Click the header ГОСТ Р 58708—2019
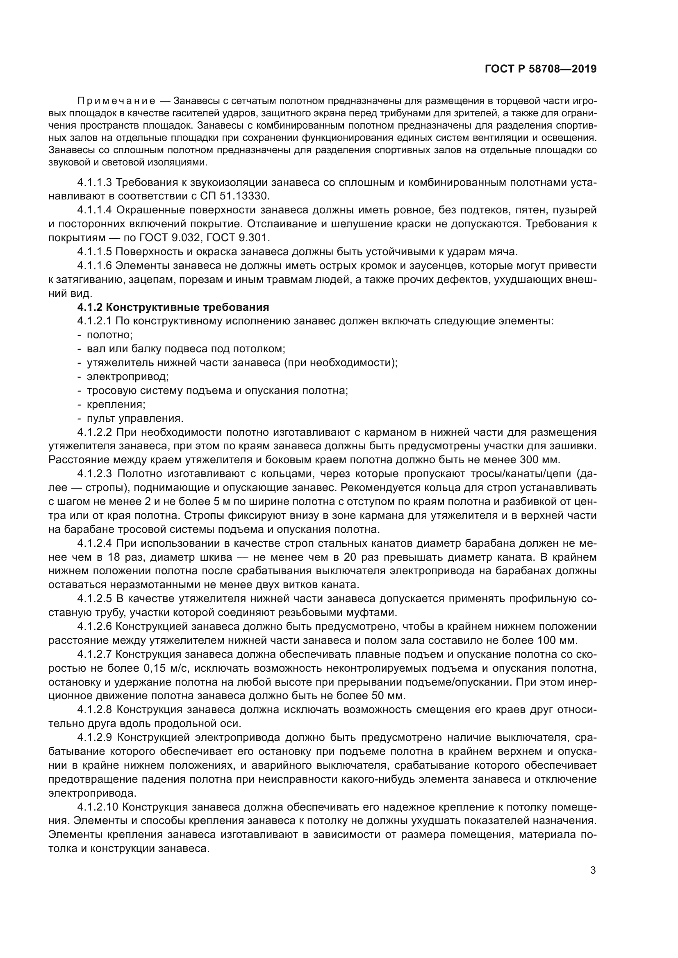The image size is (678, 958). (x=541, y=69)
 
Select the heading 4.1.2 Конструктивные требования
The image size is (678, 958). (x=173, y=308)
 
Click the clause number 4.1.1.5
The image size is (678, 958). (x=95, y=252)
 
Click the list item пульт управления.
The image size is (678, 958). (x=134, y=419)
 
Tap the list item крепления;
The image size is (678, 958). (x=116, y=405)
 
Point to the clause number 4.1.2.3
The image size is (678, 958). (x=95, y=474)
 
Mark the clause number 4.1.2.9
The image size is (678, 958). (x=95, y=738)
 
